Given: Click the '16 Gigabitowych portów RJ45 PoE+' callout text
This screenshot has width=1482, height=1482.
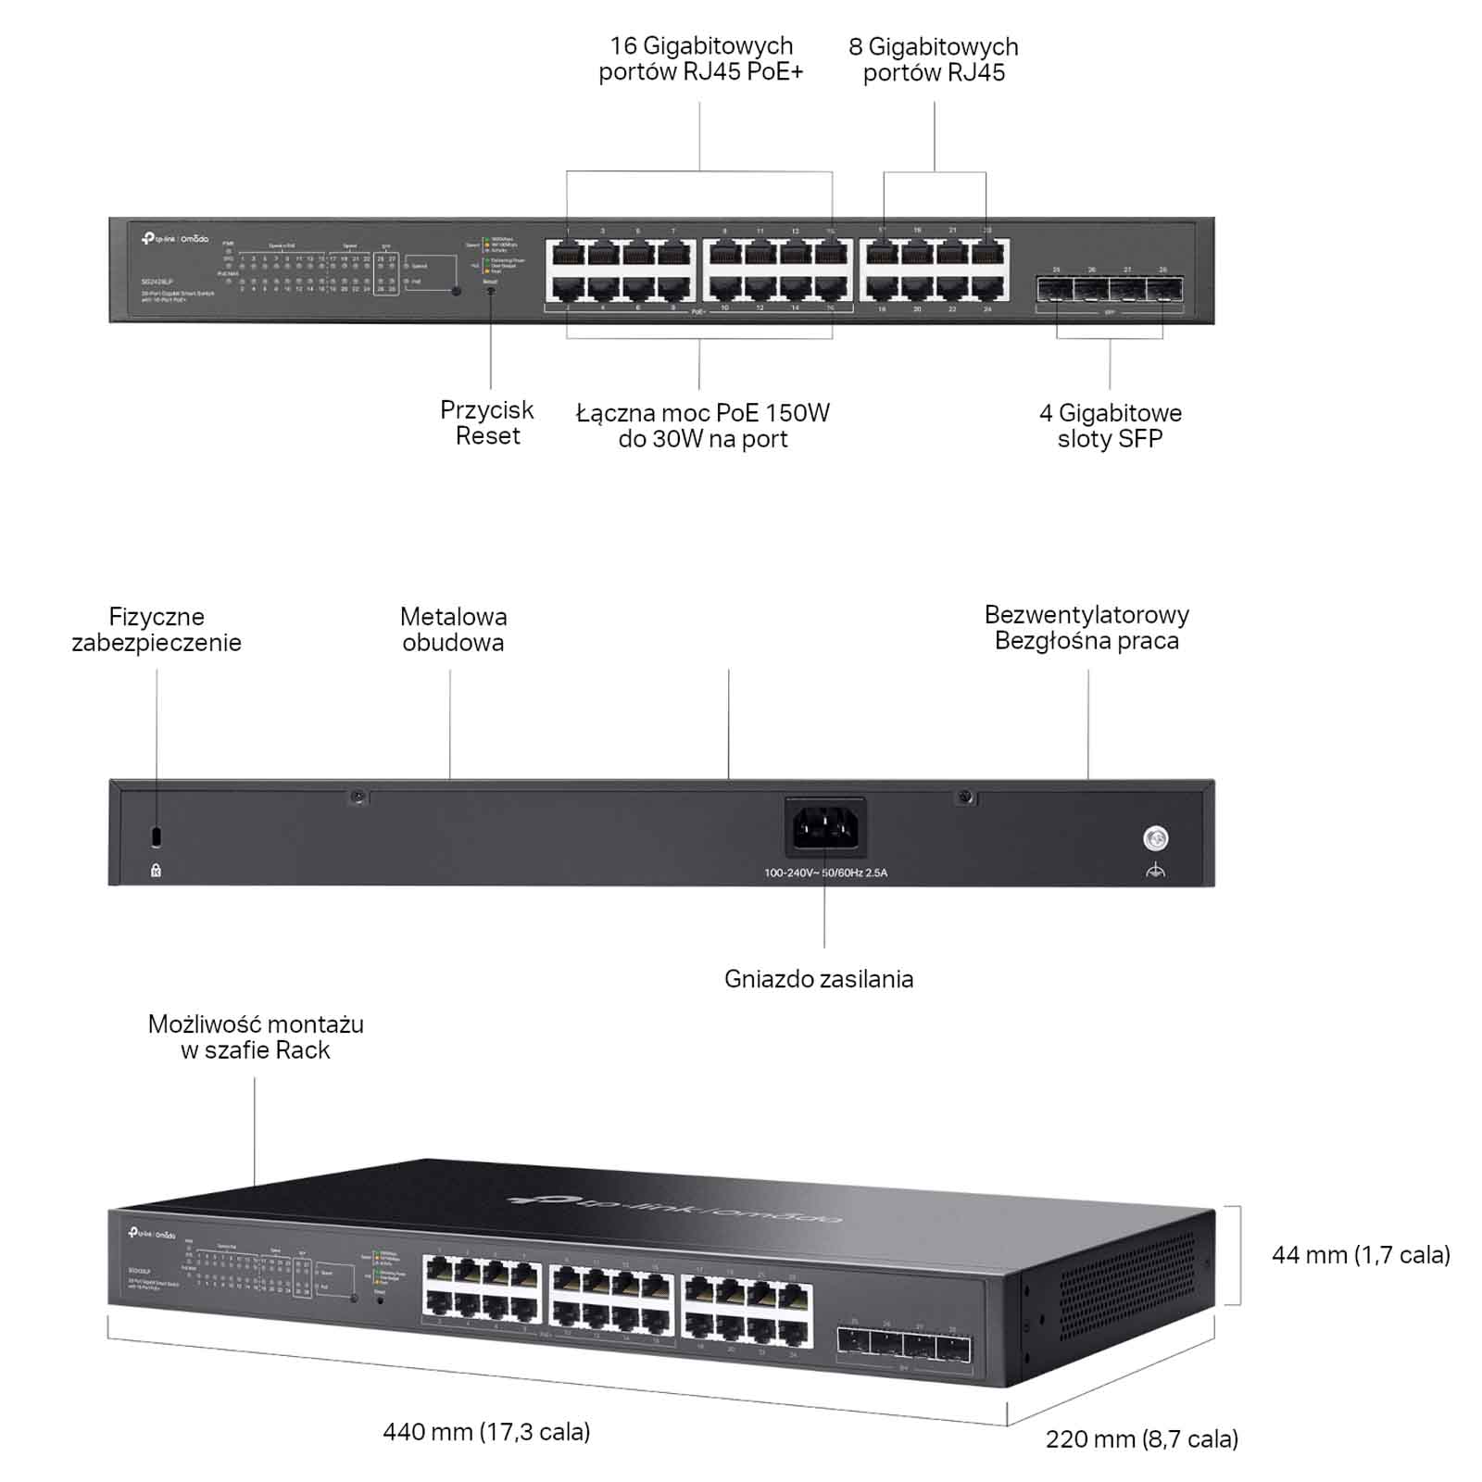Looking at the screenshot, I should pyautogui.click(x=700, y=59).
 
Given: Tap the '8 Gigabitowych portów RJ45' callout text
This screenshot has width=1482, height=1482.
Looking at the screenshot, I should pyautogui.click(x=934, y=60).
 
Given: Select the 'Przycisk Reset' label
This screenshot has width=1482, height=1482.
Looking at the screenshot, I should pyautogui.click(x=487, y=423).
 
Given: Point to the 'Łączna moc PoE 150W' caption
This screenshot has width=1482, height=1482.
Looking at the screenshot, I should pyautogui.click(x=703, y=413).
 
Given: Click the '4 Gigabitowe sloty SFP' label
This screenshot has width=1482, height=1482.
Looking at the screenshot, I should pyautogui.click(x=1110, y=426).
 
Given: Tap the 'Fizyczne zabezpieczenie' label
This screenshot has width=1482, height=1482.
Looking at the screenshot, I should pyautogui.click(x=157, y=630).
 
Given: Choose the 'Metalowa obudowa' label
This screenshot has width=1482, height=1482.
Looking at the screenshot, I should pyautogui.click(x=453, y=630).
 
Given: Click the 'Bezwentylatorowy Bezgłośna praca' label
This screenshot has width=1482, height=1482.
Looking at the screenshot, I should pyautogui.click(x=1086, y=628).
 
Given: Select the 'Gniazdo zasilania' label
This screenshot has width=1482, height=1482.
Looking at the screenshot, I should pyautogui.click(x=819, y=979).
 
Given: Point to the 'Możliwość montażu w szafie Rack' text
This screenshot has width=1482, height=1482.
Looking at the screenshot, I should pyautogui.click(x=256, y=1037).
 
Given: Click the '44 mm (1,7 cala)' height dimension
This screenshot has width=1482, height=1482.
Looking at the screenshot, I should pyautogui.click(x=1361, y=1255).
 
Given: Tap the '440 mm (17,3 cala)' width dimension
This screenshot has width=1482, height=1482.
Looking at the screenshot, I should pyautogui.click(x=486, y=1432).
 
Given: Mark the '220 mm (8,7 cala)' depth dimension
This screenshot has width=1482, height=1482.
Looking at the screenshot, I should pyautogui.click(x=1142, y=1439).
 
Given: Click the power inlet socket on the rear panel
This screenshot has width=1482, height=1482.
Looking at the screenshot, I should pyautogui.click(x=825, y=826).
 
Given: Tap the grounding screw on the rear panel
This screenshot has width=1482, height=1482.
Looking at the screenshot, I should pyautogui.click(x=1155, y=839).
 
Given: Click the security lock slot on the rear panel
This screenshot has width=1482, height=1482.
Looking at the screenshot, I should pyautogui.click(x=156, y=835).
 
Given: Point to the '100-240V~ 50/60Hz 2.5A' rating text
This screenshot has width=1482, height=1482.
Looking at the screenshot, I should pyautogui.click(x=825, y=873).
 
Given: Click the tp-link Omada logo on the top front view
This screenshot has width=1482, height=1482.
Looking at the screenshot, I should pyautogui.click(x=175, y=239).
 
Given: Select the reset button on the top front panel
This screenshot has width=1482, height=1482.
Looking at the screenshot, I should pyautogui.click(x=490, y=291).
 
